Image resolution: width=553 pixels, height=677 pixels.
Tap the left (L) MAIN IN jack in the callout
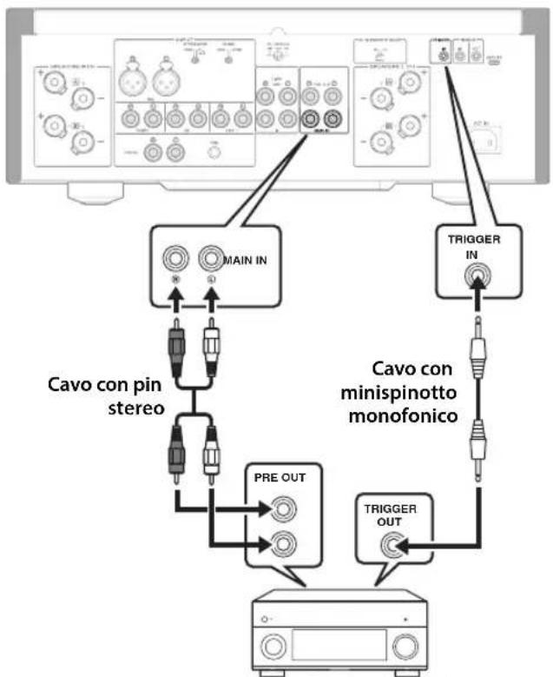[x=209, y=258]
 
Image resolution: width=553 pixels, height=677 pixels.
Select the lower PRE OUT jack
[x=282, y=545]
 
